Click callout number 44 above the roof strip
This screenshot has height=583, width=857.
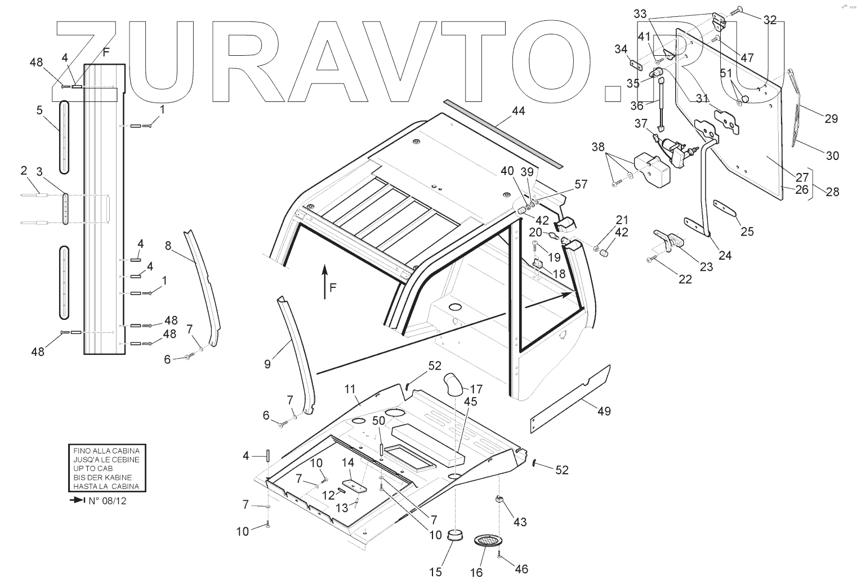(518, 111)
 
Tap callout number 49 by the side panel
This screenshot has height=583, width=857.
(604, 411)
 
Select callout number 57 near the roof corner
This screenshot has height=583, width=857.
(581, 184)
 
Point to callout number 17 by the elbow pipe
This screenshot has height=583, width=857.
(476, 389)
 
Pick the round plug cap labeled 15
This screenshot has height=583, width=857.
(455, 535)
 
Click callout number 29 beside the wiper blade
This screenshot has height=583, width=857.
(831, 118)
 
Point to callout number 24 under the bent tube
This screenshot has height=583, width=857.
(725, 255)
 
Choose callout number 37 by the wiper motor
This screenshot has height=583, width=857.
(641, 123)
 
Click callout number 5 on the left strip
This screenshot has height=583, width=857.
(39, 110)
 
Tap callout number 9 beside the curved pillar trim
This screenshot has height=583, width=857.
(267, 364)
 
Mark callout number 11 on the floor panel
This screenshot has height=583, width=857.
(350, 388)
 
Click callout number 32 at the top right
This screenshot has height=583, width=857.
(770, 20)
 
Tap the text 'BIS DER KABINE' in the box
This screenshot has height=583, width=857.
(102, 477)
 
